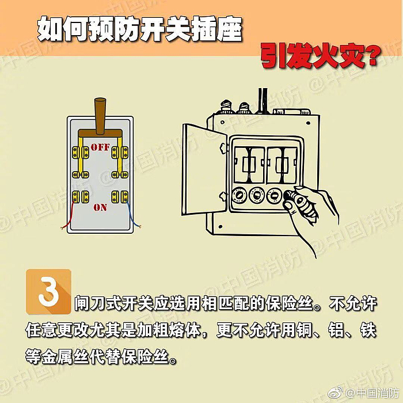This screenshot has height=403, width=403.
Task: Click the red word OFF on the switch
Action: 100,147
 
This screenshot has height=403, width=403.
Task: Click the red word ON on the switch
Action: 100,207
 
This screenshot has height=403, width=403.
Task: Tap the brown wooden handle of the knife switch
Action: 100,116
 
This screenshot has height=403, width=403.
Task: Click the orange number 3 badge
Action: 48,291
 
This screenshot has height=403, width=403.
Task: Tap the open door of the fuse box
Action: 204,169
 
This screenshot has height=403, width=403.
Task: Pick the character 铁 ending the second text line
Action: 368,330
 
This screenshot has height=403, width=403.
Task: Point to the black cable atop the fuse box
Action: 263,101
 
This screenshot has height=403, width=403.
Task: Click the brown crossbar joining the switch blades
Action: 100,133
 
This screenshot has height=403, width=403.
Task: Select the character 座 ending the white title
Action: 229,29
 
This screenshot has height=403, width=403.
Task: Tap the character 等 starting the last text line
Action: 33,356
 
